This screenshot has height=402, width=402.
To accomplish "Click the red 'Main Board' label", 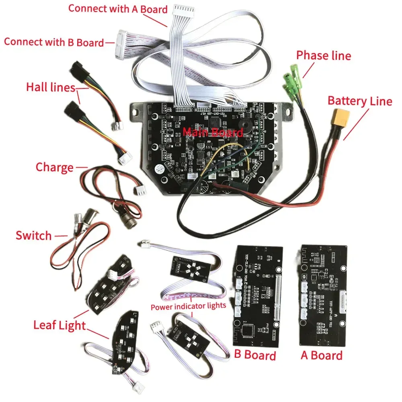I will click(213, 132).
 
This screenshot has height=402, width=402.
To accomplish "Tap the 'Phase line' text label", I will click(323, 55).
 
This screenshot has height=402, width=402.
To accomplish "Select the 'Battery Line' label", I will click(359, 101).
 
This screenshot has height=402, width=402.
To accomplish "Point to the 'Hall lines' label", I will click(51, 87).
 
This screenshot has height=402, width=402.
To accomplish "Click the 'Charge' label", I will click(55, 167).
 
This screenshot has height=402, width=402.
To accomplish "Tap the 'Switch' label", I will click(34, 235).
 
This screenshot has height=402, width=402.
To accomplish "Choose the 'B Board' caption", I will click(255, 355).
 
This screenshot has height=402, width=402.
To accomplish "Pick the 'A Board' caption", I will click(322, 355).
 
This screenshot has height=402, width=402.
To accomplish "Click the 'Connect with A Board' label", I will click(118, 9).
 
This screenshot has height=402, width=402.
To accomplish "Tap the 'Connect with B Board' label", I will click(54, 42).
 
